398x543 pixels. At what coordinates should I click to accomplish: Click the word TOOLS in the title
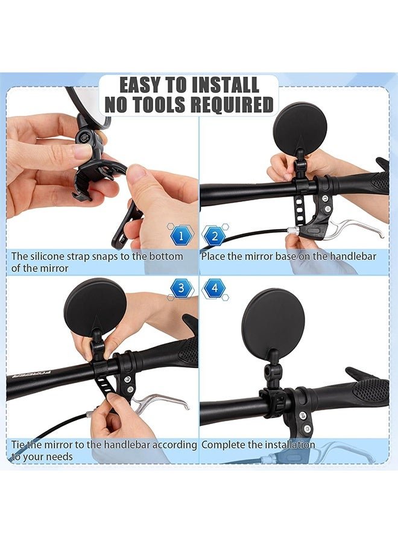156,104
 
